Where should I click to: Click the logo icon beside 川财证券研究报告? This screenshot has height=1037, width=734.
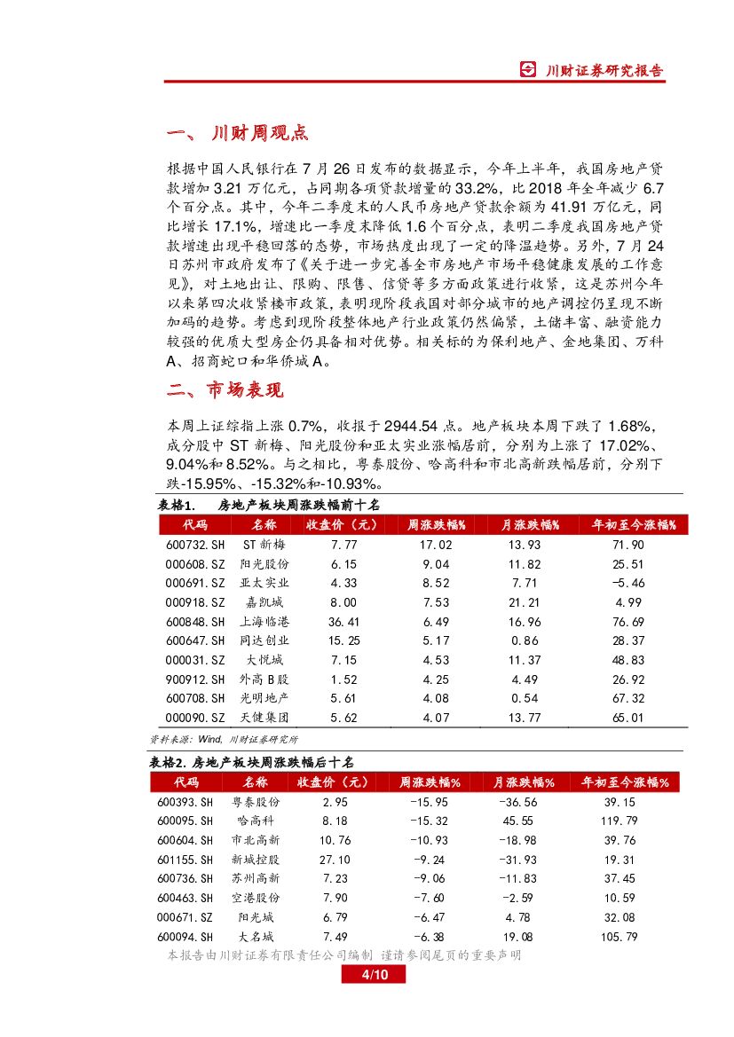pos(529,71)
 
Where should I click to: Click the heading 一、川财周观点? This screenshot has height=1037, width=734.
pos(237,134)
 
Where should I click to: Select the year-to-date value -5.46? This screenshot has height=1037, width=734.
pos(627,583)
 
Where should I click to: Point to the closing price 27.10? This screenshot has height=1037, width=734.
pos(335,860)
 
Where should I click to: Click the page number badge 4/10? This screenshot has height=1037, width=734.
pos(373,976)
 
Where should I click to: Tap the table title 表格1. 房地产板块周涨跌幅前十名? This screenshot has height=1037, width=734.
pos(268,505)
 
